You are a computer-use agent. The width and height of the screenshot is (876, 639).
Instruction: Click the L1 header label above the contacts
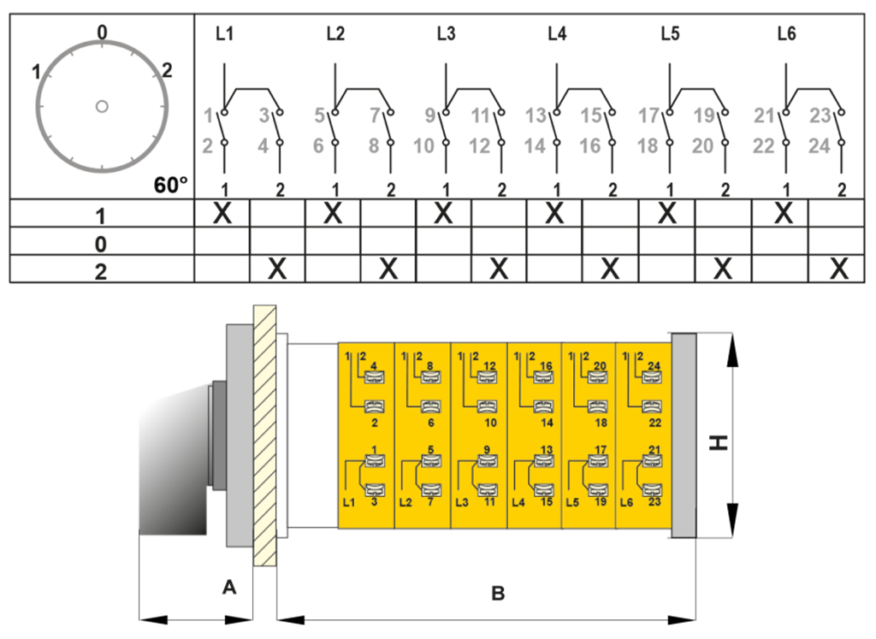[x=224, y=35]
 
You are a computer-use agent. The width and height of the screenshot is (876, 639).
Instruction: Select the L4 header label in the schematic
[x=557, y=35]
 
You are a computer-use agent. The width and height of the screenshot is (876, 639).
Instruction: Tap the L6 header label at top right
[x=787, y=35]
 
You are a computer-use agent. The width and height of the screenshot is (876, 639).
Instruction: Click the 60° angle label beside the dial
[x=171, y=185]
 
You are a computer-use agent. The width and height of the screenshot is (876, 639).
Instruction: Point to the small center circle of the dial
[x=101, y=106]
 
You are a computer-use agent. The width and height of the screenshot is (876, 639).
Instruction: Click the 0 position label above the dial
[x=102, y=33]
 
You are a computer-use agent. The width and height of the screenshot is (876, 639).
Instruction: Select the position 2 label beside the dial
[x=167, y=70]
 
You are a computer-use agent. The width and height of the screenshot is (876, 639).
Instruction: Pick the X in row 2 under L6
[x=839, y=269]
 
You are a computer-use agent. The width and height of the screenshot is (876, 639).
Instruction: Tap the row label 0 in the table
[x=101, y=243]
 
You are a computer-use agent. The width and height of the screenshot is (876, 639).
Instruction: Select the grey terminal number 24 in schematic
[x=819, y=146]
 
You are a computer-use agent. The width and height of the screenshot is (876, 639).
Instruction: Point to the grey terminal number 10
[x=424, y=146]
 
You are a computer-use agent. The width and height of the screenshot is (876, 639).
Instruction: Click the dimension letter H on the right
[x=720, y=442]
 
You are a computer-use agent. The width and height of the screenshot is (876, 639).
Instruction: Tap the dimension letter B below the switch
[x=497, y=591]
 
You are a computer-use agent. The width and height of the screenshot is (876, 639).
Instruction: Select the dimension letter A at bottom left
[x=228, y=587]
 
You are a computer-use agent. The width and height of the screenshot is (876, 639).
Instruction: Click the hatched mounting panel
[x=263, y=436]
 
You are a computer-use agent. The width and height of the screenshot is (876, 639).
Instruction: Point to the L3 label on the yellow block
[x=463, y=502]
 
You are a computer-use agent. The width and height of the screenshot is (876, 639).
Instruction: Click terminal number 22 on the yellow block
[x=655, y=423]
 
